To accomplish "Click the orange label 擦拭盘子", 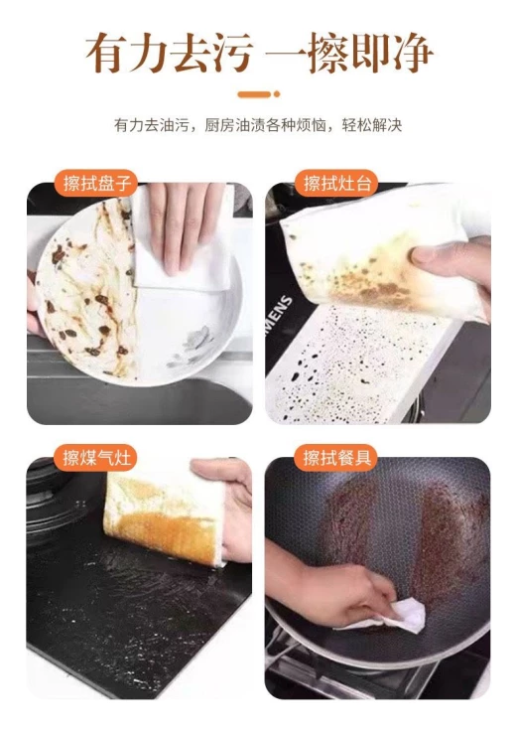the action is coord(96,183).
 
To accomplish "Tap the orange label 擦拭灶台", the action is coord(336,183).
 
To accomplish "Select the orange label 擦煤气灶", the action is coord(96,457).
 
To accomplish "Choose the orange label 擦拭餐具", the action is coord(335,457).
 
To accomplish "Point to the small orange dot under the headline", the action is coord(277,94).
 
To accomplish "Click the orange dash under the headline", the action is coord(254,94).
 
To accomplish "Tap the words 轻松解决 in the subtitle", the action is coord(372,125).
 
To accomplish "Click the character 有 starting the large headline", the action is coord(106,53).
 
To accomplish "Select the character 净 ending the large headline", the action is coord(411,53).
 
